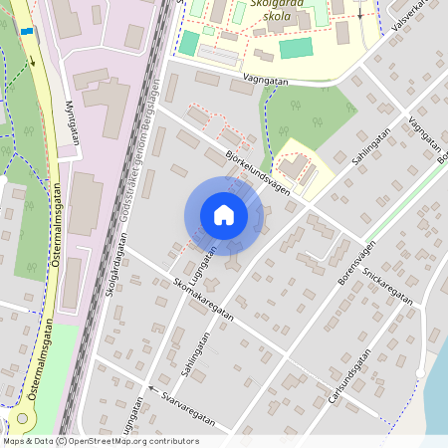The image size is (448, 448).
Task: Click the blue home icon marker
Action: click(224, 215)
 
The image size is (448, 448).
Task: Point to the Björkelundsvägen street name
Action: click(257, 170)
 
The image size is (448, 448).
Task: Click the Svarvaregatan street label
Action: click(188, 407)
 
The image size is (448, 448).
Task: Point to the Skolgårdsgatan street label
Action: click(116, 264)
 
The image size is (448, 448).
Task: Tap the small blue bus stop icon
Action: click(26, 31)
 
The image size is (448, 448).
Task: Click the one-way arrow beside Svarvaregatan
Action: click(152, 388)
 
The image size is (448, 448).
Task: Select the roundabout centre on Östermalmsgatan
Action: click(22, 418)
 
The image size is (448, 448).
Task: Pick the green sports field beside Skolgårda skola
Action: click(296, 48)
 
